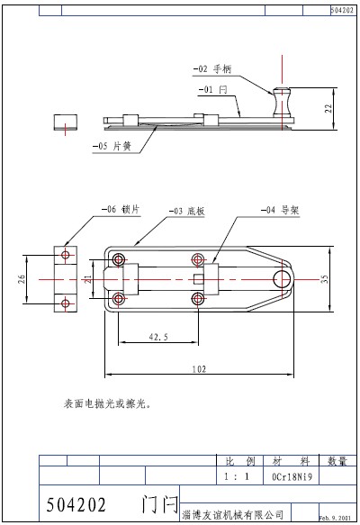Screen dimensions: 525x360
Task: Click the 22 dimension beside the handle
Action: pyautogui.click(x=328, y=108)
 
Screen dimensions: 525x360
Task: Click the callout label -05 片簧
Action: pyautogui.click(x=113, y=145)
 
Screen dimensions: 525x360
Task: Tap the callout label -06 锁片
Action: pyautogui.click(x=119, y=209)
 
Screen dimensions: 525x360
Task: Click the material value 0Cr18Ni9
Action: pyautogui.click(x=291, y=477)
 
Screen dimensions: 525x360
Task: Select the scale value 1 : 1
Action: pyautogui.click(x=232, y=477)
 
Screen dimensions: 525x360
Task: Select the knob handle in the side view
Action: pyautogui.click(x=283, y=102)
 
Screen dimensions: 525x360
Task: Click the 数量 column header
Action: pyautogui.click(x=337, y=461)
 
